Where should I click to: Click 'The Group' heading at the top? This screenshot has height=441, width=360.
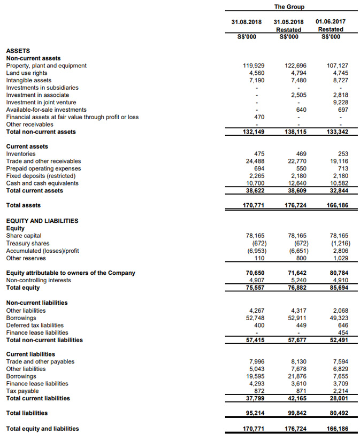pos(289,7)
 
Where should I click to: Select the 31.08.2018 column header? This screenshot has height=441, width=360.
pos(246,22)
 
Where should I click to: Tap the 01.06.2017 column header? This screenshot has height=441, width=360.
pos(330,22)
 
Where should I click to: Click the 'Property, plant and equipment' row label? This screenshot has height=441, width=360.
pos(46,66)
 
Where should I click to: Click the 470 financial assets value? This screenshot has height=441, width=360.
pos(259,117)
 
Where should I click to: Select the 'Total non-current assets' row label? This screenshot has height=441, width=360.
pos(41,132)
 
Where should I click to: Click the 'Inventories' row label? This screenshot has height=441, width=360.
pos(21,154)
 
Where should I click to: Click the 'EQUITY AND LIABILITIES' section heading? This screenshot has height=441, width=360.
pos(42,221)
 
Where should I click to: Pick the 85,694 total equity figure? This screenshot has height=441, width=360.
pos(337,288)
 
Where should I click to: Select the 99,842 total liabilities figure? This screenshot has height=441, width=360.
pos(295,413)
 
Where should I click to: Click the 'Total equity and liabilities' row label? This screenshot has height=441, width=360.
pos(42,429)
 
